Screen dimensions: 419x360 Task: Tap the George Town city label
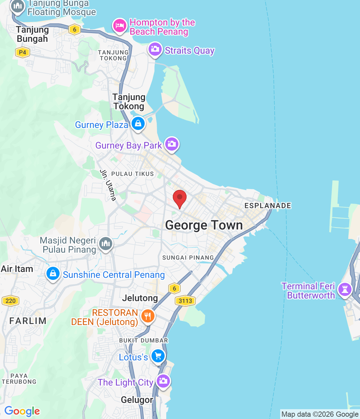(x=204, y=225)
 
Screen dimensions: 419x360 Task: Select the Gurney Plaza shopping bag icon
(x=138, y=124)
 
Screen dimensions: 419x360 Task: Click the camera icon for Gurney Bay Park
(x=172, y=144)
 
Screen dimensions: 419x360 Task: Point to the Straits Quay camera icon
(x=155, y=49)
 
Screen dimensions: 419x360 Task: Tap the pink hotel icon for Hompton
(x=120, y=26)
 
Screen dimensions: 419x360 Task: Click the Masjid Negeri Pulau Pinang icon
(x=105, y=244)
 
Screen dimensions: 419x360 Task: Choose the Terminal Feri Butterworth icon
(x=345, y=290)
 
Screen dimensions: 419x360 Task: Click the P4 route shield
(x=22, y=52)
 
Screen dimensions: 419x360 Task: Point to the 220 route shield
(x=10, y=301)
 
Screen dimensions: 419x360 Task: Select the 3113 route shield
(x=185, y=301)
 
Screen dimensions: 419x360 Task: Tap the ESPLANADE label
(x=268, y=206)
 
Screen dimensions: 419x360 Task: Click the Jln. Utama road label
(x=108, y=185)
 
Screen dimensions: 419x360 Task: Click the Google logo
(x=22, y=411)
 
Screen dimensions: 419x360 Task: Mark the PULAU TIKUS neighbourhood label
(x=133, y=174)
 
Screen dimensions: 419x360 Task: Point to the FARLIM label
(x=28, y=321)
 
